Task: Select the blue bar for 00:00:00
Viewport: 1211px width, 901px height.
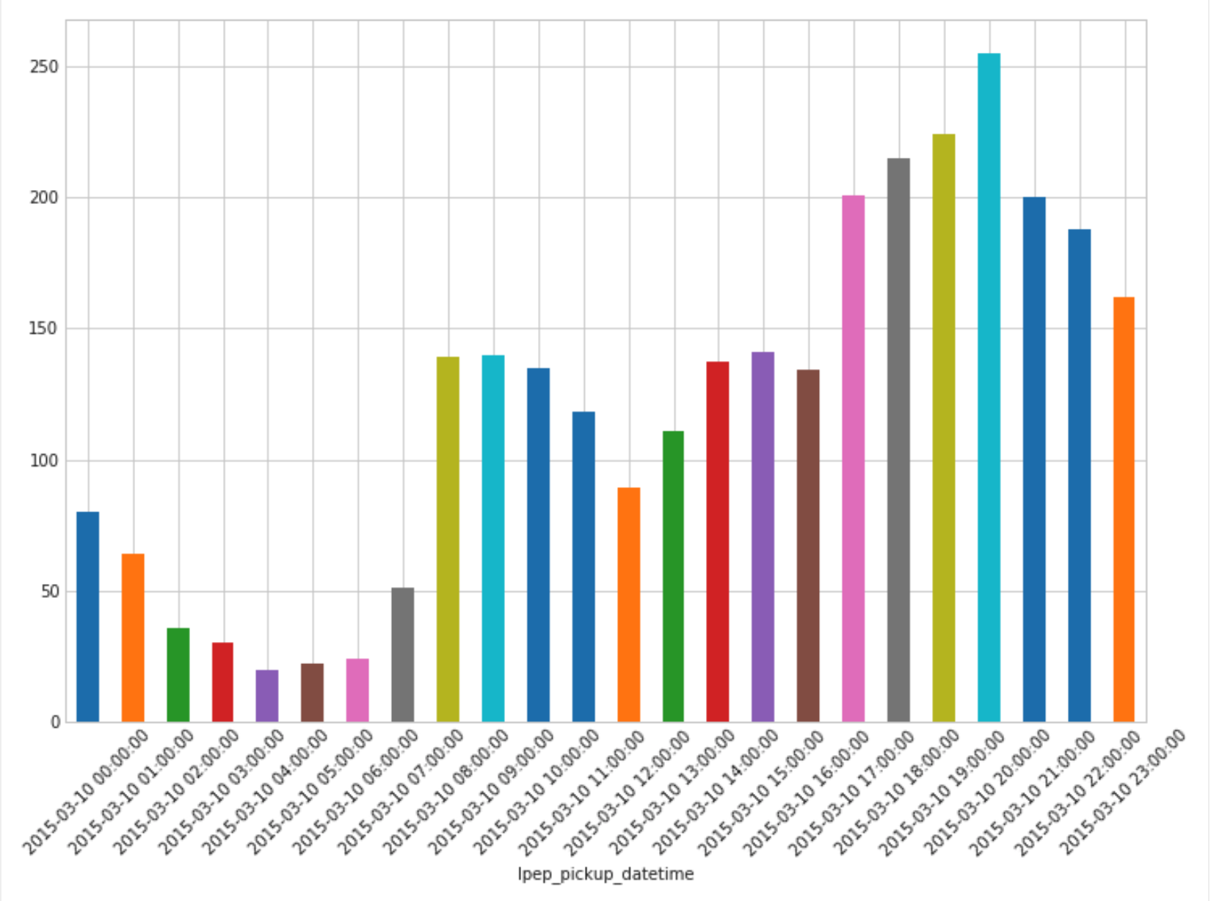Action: tap(88, 616)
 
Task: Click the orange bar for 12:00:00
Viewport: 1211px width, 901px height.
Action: tap(628, 605)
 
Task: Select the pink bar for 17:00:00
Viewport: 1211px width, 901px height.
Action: tap(853, 459)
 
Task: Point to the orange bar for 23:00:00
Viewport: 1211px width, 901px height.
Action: tap(1124, 509)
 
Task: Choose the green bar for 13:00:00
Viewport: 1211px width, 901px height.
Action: tap(673, 576)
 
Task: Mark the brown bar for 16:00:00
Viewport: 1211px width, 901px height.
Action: tap(808, 546)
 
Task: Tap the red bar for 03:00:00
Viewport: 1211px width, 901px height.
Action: tap(222, 682)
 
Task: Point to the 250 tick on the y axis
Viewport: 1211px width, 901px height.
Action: tap(43, 67)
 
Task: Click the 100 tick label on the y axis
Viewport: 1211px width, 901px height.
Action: tap(43, 461)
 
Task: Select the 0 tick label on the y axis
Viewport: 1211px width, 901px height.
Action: tap(55, 723)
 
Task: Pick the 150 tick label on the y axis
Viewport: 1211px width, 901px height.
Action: tap(43, 329)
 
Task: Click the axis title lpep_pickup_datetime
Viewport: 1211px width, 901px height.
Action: tap(605, 874)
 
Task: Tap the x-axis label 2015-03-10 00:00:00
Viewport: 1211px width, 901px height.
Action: tap(84, 792)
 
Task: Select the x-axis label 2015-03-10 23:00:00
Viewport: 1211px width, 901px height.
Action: tap(1123, 792)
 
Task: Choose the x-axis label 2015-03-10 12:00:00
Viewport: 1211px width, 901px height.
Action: tap(626, 792)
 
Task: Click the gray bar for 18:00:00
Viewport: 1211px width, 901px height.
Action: tap(898, 440)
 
